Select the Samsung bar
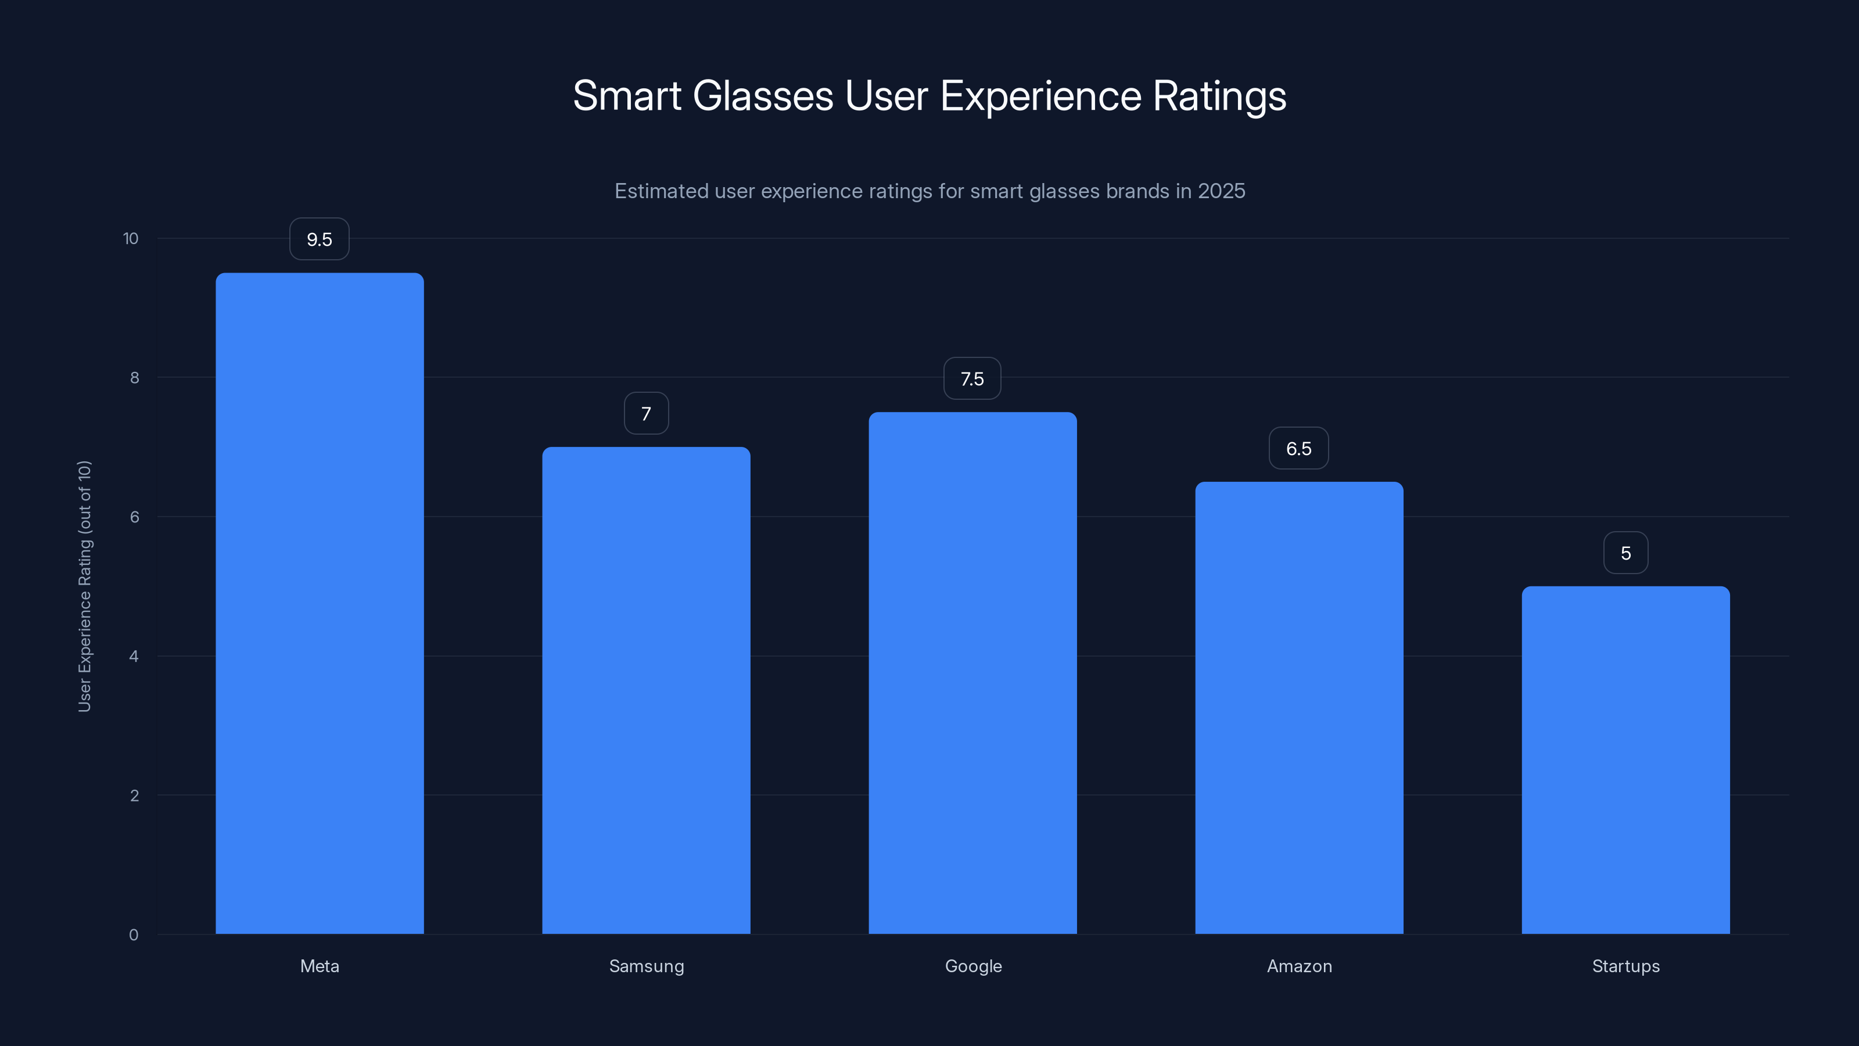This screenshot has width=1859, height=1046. [646, 690]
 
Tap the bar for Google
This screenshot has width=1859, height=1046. [972, 673]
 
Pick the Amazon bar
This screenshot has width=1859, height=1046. [1299, 707]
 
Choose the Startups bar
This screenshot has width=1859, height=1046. [1625, 760]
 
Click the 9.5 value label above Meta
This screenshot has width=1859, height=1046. [319, 239]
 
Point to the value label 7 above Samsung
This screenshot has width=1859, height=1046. [646, 414]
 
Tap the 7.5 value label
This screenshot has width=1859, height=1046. [972, 379]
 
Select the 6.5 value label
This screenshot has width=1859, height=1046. [1298, 448]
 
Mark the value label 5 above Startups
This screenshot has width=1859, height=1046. [1625, 553]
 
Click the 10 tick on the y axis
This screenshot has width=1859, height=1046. [131, 238]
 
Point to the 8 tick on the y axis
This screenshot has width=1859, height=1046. [134, 378]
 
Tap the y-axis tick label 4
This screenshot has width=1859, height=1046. [134, 656]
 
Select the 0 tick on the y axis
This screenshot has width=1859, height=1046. [134, 935]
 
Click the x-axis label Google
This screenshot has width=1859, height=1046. [973, 966]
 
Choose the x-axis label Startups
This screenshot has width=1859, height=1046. [1625, 966]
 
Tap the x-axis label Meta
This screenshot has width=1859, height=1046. [320, 966]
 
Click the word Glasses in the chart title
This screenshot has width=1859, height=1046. [763, 96]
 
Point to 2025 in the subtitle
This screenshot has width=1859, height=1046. [1221, 191]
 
